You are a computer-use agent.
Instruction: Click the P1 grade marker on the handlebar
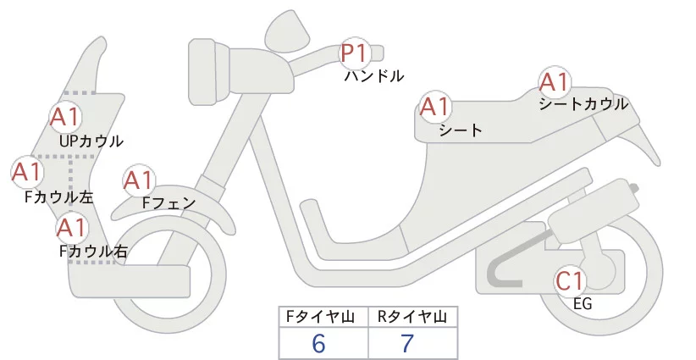tap(354, 54)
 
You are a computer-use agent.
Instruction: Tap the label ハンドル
tap(373, 76)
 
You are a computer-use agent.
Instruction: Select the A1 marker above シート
tap(435, 108)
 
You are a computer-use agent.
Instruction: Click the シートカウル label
tap(583, 104)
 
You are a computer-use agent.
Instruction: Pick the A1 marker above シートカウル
tap(555, 83)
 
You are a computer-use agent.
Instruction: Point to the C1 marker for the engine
tap(572, 280)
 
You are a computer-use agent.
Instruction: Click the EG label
tap(583, 303)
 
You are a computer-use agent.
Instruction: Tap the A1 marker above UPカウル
tap(66, 117)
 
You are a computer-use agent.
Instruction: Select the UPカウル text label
tap(91, 141)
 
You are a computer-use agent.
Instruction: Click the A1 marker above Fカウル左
tap(26, 172)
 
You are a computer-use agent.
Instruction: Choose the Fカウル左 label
tap(59, 197)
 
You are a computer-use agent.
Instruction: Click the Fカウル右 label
tap(93, 251)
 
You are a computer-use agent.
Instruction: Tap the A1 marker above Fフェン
tap(138, 180)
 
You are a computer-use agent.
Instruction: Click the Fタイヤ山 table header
tap(323, 318)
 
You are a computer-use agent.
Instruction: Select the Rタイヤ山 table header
tap(412, 318)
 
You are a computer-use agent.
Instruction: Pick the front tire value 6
tap(318, 344)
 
